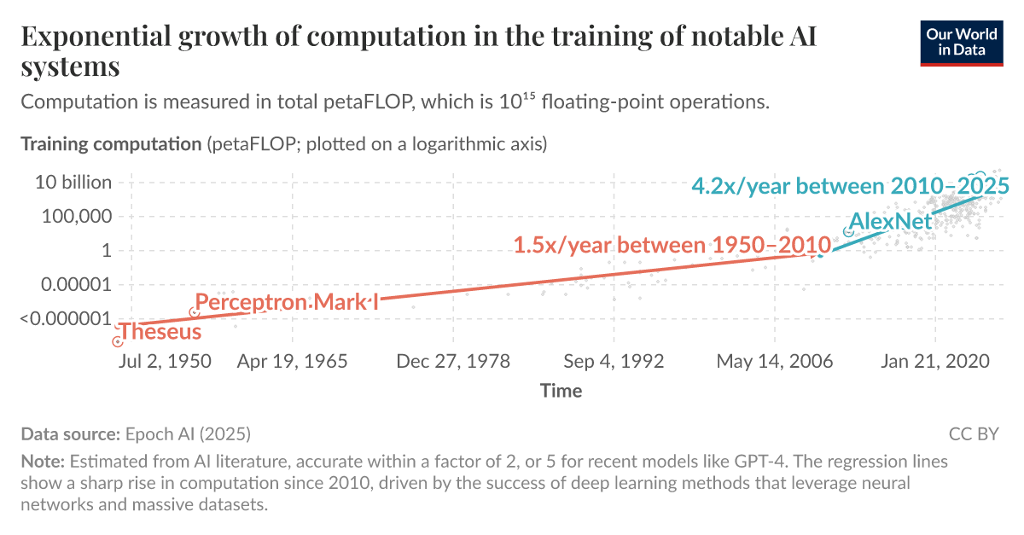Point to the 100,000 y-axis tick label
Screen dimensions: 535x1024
tap(77, 217)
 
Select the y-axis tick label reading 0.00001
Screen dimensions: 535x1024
tap(76, 285)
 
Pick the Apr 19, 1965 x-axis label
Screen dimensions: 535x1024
tap(293, 361)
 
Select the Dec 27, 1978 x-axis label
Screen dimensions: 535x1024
tap(453, 361)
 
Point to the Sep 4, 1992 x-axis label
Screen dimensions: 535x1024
tap(613, 361)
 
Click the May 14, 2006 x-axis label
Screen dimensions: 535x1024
tap(774, 361)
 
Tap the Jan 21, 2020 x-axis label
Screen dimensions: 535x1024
tap(934, 361)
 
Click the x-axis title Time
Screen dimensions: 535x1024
tap(561, 391)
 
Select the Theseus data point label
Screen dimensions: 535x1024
tap(160, 332)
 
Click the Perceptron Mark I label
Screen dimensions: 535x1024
tap(287, 302)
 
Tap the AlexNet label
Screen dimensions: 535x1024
tap(891, 222)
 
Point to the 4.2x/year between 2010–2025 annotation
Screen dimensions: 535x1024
tap(850, 186)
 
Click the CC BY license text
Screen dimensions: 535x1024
tap(974, 434)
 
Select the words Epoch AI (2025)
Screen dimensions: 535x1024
tap(188, 434)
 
